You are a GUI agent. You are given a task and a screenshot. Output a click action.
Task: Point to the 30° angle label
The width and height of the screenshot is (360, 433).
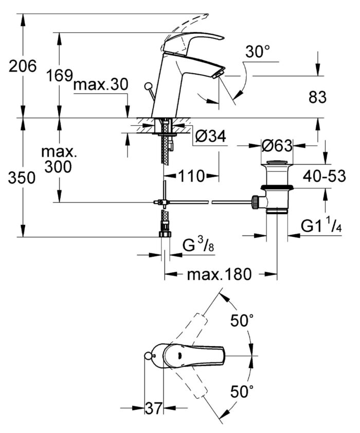coord(258,52)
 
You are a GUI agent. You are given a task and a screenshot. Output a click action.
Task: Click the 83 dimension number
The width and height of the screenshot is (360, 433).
coord(316,97)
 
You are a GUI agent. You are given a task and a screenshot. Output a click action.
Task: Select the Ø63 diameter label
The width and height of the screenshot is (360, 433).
coord(277,146)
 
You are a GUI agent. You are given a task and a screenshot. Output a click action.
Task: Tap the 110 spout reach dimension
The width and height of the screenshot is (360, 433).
coord(192,176)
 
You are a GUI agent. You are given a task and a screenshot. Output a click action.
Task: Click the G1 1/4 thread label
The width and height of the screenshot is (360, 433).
coord(322,227)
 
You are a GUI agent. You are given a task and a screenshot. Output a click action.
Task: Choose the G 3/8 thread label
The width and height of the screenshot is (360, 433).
coord(199,247)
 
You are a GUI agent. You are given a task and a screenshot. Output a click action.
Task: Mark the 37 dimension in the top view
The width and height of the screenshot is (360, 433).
coord(153,409)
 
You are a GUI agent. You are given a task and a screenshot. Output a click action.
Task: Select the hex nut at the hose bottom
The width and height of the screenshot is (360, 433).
coord(165,233)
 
